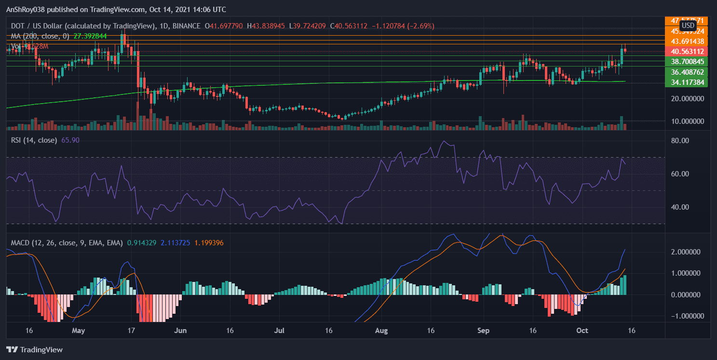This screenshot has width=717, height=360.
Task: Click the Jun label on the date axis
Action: [x=180, y=331]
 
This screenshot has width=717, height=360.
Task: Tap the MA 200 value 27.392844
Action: [x=92, y=36]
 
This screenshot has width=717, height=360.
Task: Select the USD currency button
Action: [x=688, y=26]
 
